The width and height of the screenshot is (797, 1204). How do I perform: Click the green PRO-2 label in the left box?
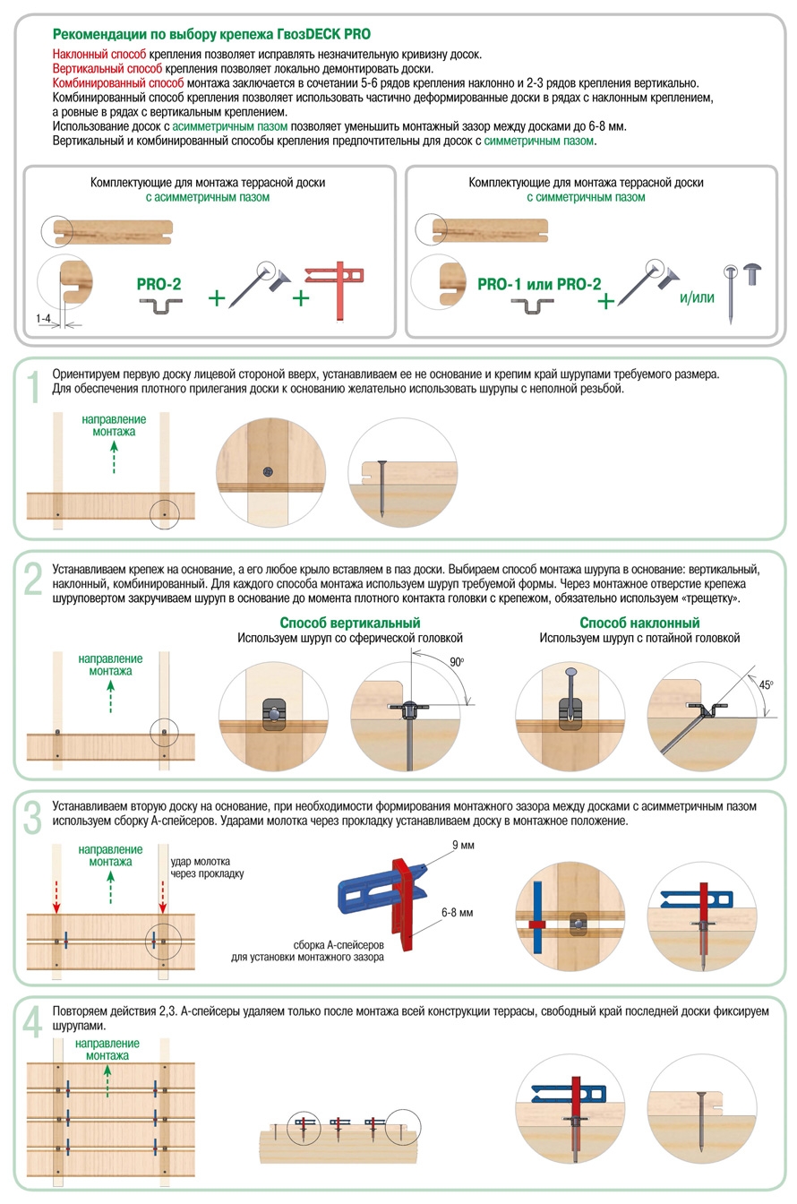pyautogui.click(x=159, y=284)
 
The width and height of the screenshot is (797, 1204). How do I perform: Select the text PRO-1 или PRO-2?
pyautogui.click(x=539, y=284)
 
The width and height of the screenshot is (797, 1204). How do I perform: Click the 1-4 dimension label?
pyautogui.click(x=44, y=318)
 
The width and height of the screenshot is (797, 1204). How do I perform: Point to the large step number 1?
pyautogui.click(x=33, y=387)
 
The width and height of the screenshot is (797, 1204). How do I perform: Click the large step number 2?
pyautogui.click(x=33, y=579)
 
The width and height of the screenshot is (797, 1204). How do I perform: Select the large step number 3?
pyautogui.click(x=33, y=817)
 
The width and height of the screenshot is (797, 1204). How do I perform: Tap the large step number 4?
pyautogui.click(x=33, y=1021)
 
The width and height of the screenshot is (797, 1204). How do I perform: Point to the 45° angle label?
pyautogui.click(x=765, y=684)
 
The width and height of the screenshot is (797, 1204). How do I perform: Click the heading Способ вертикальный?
pyautogui.click(x=349, y=623)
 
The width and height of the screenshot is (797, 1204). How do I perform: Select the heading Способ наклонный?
pyautogui.click(x=639, y=623)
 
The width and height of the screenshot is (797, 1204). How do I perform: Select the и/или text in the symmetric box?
pyautogui.click(x=697, y=297)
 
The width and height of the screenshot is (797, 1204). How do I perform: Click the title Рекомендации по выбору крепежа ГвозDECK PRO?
pyautogui.click(x=211, y=35)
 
